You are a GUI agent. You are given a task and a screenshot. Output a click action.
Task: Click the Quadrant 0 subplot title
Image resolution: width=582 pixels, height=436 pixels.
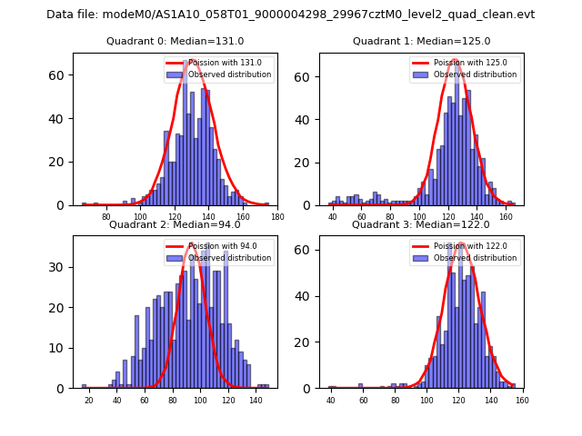coord(175,41)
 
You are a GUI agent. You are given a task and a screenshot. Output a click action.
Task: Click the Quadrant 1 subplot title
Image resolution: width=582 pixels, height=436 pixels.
coord(421,41)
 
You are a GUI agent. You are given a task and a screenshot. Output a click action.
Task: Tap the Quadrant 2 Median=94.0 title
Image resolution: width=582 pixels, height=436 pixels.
coord(175,224)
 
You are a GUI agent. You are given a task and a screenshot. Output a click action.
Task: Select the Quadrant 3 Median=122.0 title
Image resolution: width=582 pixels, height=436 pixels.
coord(421,224)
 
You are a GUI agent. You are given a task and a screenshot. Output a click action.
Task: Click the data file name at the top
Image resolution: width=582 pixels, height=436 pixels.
coord(290,15)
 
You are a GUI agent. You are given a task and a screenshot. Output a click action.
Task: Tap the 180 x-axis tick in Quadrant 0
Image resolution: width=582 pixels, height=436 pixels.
coord(277,216)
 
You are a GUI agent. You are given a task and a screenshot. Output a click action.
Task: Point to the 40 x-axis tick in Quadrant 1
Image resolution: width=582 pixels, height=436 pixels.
coord(333,216)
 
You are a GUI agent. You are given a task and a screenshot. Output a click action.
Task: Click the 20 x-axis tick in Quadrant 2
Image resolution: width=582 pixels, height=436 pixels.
coord(88,400)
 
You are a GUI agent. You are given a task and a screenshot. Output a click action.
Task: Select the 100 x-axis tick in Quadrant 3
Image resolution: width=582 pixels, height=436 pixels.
coord(426,400)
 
